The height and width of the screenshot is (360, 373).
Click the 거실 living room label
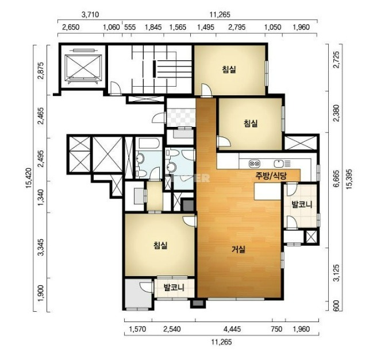pyautogui.click(x=239, y=250)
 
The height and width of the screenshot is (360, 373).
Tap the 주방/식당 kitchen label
pyautogui.click(x=271, y=176)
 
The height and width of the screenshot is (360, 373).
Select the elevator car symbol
pyautogui.click(x=83, y=67)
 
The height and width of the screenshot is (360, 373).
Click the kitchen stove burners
pyautogui.click(x=255, y=164)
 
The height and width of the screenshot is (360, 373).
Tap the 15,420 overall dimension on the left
pyautogui.click(x=29, y=178)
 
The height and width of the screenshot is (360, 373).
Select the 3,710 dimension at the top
pyautogui.click(x=90, y=15)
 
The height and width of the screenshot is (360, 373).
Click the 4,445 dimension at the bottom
pyautogui.click(x=232, y=329)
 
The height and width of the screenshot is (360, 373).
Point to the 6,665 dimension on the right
pyautogui.click(x=336, y=179)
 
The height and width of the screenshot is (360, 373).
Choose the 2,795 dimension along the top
pyautogui.click(x=237, y=27)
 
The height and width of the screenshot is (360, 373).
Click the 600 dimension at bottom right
pyautogui.click(x=336, y=306)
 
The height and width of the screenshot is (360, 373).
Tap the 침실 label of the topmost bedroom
pyautogui.click(x=229, y=69)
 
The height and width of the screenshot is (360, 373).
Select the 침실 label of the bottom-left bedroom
pyautogui.click(x=160, y=245)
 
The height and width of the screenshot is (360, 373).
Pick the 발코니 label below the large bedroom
pyautogui.click(x=174, y=288)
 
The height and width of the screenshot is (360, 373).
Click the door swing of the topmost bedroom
pyautogui.click(x=206, y=90)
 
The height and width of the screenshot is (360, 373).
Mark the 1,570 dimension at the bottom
pyautogui.click(x=138, y=329)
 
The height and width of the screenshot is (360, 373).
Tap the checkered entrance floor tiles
pyautogui.click(x=181, y=118)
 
